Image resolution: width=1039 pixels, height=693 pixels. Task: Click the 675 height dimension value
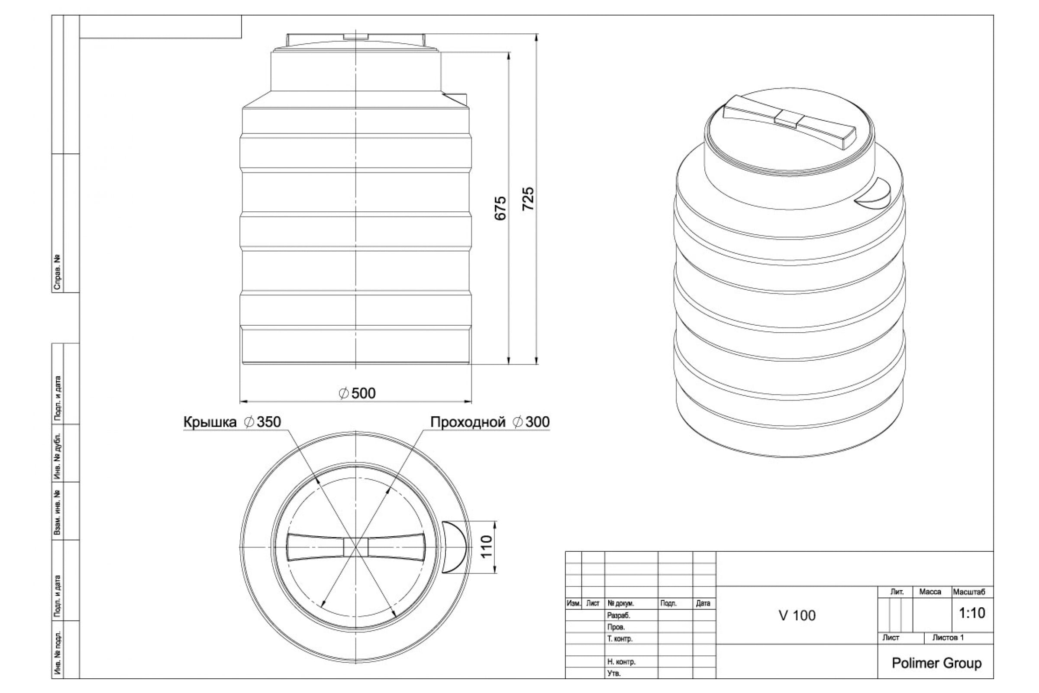[x=500, y=208]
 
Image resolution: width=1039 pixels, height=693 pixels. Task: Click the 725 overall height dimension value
[x=528, y=199]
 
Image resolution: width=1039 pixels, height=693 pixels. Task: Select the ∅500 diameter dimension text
[x=357, y=393]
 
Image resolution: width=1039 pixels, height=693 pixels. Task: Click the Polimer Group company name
[x=936, y=663]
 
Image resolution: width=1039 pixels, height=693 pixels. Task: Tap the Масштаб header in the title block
[x=969, y=592]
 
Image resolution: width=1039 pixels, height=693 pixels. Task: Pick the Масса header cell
[x=930, y=592]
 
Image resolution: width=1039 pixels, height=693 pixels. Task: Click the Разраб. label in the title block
[x=619, y=615]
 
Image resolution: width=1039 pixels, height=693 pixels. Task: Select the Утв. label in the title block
[x=613, y=674]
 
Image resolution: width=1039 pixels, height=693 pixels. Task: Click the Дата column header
[x=703, y=603]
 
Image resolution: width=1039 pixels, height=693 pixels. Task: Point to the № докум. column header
[x=621, y=603]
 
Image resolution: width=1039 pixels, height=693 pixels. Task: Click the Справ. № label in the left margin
[x=57, y=272]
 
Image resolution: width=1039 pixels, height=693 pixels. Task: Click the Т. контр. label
[x=620, y=638]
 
